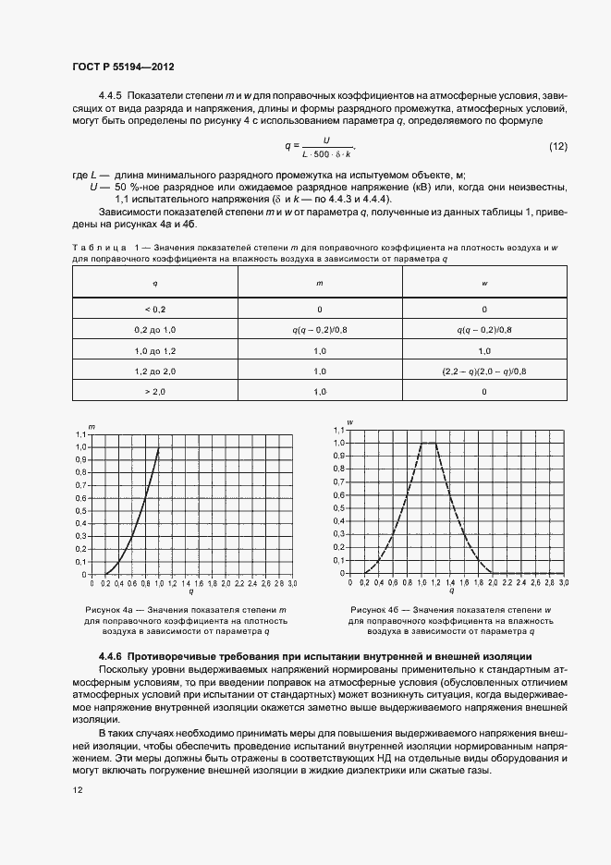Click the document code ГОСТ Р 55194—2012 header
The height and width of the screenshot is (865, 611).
coord(123,67)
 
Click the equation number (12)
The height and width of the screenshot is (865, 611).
coord(557,147)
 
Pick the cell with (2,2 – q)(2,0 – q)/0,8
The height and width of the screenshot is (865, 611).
coord(484,371)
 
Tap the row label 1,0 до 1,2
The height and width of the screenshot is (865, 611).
coord(154,350)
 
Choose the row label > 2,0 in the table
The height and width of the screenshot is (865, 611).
coord(154,392)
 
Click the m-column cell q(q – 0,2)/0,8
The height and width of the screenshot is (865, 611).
coord(320,329)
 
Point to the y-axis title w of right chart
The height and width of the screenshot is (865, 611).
coord(350,422)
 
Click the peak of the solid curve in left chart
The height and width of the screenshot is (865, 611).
coord(159,448)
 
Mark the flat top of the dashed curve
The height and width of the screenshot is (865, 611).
coord(428,444)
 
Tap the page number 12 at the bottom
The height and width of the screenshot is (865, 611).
coord(78,789)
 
